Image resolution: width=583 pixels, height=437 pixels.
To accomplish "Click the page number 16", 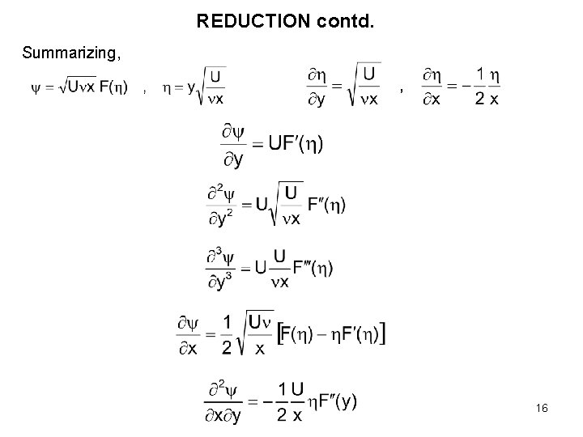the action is tap(542, 409).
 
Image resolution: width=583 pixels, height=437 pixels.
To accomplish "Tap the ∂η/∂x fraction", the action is tap(431, 87).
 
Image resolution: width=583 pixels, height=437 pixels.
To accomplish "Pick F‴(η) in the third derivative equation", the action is tap(313, 268).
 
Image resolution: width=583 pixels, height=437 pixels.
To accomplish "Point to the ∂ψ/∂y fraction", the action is tap(231, 145).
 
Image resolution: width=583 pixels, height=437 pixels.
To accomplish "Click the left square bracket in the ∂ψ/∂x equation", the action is tap(280, 333).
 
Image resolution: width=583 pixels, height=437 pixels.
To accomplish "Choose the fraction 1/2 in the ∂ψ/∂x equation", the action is tap(227, 333).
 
